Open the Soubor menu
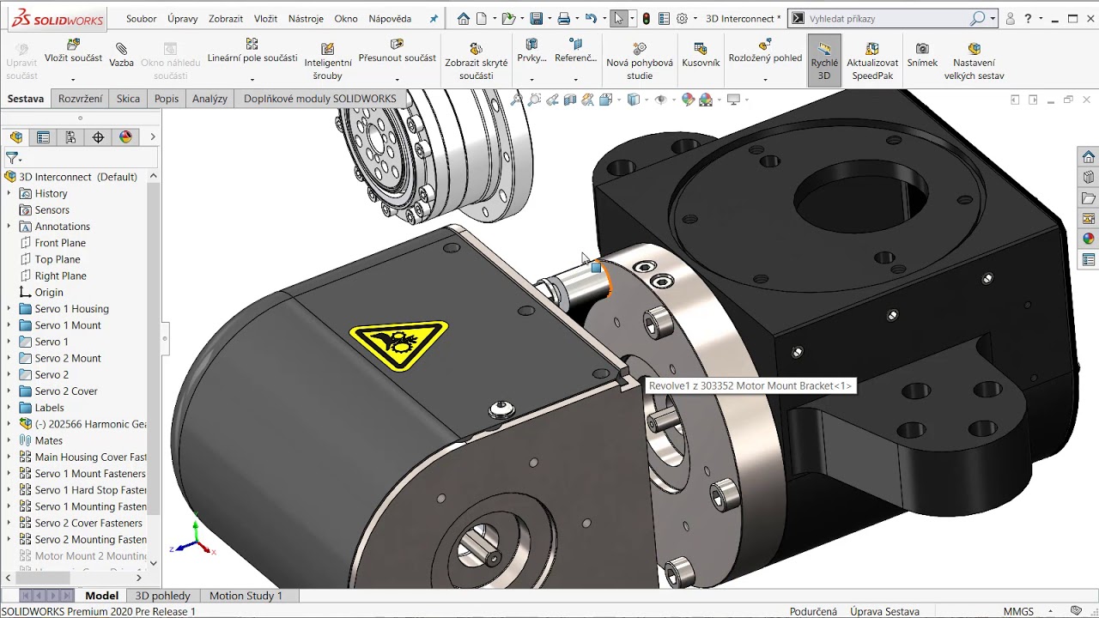click(x=142, y=18)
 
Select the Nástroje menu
click(x=306, y=18)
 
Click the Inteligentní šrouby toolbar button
click(x=327, y=60)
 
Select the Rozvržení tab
click(x=81, y=99)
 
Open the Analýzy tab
click(x=209, y=99)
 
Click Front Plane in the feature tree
click(x=60, y=243)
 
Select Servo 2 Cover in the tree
click(x=66, y=391)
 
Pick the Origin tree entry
click(x=49, y=293)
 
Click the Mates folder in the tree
click(x=48, y=440)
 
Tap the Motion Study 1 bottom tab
click(x=246, y=596)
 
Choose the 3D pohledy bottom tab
click(x=163, y=596)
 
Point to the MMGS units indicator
click(x=1018, y=612)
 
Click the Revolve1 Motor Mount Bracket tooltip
click(x=750, y=386)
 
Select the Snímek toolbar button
click(x=922, y=55)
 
